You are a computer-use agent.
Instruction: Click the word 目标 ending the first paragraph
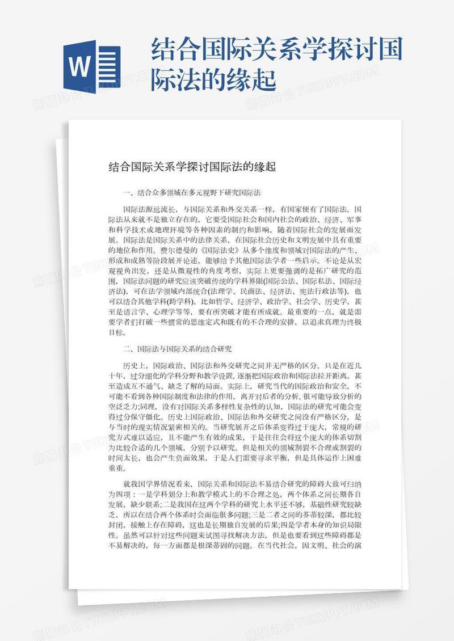tap(116, 331)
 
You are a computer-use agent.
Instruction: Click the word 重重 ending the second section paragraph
tap(116, 467)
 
